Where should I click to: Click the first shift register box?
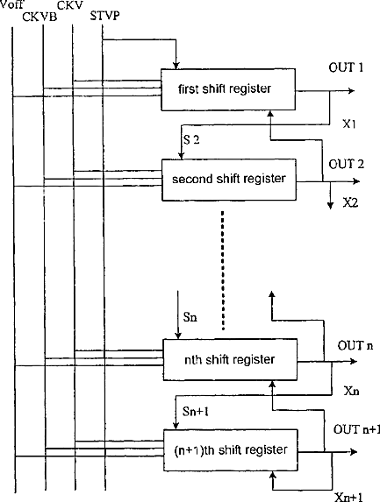point(228,89)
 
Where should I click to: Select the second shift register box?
point(229,180)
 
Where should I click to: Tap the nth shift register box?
point(230,360)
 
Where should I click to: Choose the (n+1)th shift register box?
point(231,450)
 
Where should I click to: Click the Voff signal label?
point(11,4)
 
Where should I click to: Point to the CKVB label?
point(39,17)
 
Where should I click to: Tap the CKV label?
point(70,5)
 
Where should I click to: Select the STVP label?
point(104,16)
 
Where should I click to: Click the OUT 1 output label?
point(346,67)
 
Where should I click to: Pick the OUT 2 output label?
point(347,164)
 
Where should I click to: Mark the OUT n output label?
point(355,346)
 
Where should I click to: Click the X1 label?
point(349,124)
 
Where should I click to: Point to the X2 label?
point(350,202)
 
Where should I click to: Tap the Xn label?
point(351,391)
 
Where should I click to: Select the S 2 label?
point(191,139)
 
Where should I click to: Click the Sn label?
point(190,317)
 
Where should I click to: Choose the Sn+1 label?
point(196,412)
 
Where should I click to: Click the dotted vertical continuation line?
point(223,270)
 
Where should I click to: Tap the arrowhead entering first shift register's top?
point(176,65)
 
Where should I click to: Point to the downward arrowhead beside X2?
point(330,205)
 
